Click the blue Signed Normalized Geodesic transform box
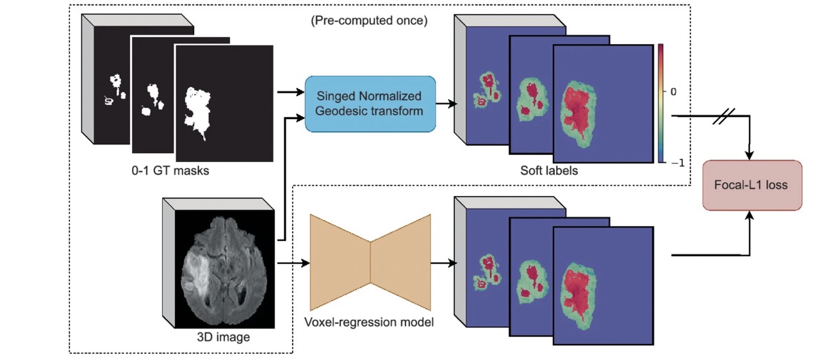tap(370, 104)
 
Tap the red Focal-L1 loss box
tap(752, 185)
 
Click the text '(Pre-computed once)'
tap(369, 20)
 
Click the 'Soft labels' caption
tap(549, 171)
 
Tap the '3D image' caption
tap(224, 336)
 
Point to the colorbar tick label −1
tap(676, 163)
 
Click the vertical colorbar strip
tap(660, 102)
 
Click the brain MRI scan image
tap(224, 268)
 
